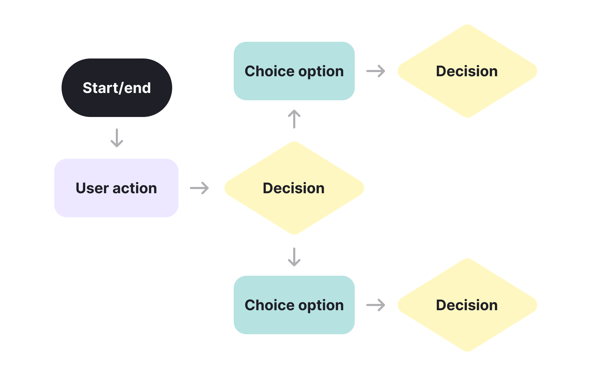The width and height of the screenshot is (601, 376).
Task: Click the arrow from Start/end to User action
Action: click(117, 138)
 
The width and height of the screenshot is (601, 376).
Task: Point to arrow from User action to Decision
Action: click(199, 188)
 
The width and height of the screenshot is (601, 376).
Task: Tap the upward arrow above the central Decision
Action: click(294, 119)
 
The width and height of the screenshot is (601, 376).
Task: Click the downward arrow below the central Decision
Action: click(294, 257)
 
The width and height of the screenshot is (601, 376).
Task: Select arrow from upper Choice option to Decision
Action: click(376, 71)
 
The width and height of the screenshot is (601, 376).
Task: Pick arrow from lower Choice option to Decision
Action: click(376, 305)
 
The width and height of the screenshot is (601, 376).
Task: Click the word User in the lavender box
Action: click(92, 188)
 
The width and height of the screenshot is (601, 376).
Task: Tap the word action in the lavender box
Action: click(135, 188)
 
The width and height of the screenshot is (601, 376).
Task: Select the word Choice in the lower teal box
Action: click(270, 305)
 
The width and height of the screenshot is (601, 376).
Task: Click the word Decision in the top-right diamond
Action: click(467, 71)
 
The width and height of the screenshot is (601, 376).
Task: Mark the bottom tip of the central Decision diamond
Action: click(294, 234)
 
